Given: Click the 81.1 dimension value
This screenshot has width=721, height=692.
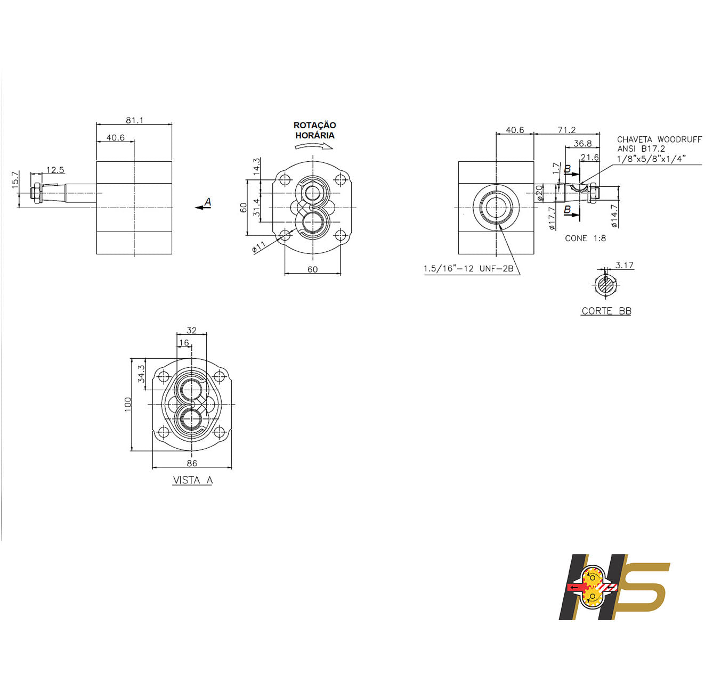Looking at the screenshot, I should pyautogui.click(x=134, y=120).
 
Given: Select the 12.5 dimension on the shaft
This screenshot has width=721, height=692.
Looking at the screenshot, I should pyautogui.click(x=55, y=170).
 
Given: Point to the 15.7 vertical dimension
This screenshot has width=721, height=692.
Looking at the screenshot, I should pyautogui.click(x=15, y=179).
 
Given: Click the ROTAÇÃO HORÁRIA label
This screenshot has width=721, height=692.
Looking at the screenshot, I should pyautogui.click(x=315, y=130).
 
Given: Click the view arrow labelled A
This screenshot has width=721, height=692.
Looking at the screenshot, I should pyautogui.click(x=204, y=205).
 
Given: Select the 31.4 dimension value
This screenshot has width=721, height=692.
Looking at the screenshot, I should pyautogui.click(x=256, y=208).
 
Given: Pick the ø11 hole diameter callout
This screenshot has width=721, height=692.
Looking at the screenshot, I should pyautogui.click(x=259, y=248).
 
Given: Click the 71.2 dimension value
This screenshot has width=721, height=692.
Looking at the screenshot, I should pyautogui.click(x=566, y=130).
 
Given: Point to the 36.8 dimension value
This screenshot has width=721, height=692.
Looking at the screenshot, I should pyautogui.click(x=582, y=143).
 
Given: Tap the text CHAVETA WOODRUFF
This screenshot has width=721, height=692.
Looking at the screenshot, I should pyautogui.click(x=659, y=139).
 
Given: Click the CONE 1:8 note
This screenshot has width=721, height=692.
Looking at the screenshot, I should pyautogui.click(x=585, y=238).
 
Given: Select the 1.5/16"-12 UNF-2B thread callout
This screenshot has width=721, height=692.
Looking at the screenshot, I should pyautogui.click(x=468, y=269).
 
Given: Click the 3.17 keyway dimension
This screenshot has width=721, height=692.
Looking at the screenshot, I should pyautogui.click(x=624, y=265).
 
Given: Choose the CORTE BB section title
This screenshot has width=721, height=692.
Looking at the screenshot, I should pyautogui.click(x=606, y=311).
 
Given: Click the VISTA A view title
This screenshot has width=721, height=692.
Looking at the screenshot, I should pyautogui.click(x=192, y=480).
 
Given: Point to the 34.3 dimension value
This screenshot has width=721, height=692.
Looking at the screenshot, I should pyautogui.click(x=141, y=374).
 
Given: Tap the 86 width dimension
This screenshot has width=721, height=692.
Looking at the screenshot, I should pyautogui.click(x=192, y=463).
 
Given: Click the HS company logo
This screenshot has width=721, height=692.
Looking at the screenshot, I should pyautogui.click(x=614, y=587).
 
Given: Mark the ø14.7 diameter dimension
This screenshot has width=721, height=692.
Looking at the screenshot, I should pyautogui.click(x=614, y=216).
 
